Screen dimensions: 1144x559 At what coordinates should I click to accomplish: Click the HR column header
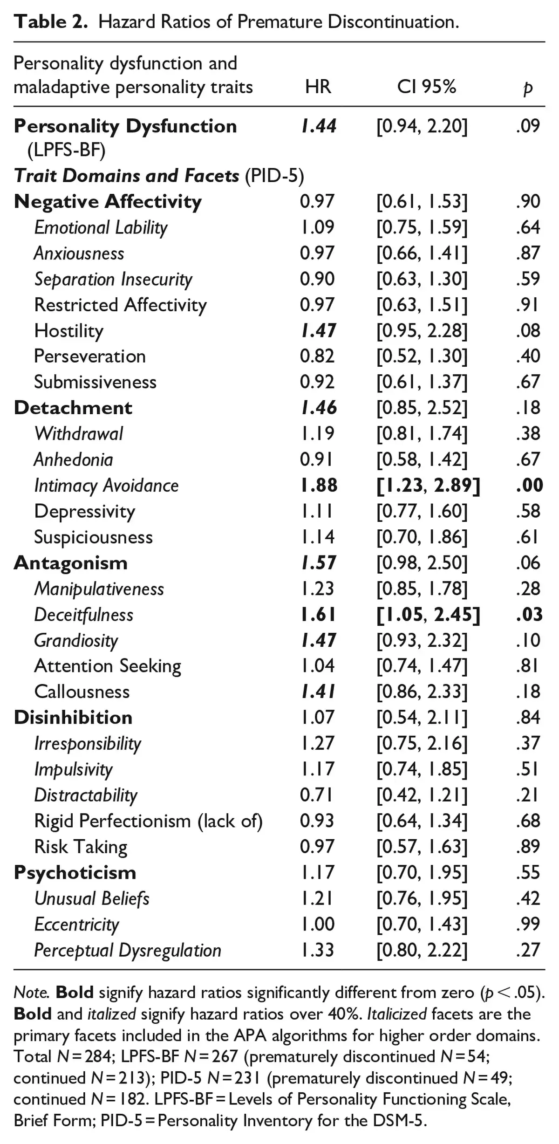point(318,87)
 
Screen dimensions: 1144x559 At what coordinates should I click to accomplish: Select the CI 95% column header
point(426,87)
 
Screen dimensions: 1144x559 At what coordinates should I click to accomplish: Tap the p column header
point(528,88)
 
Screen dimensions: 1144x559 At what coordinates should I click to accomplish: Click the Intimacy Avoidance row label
point(106,486)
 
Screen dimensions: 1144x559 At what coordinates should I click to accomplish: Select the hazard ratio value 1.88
point(319,486)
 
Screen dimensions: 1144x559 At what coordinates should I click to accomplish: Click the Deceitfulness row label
point(84,615)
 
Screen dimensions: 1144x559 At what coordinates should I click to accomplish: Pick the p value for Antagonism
point(528,563)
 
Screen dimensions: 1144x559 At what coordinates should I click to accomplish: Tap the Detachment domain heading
point(73,408)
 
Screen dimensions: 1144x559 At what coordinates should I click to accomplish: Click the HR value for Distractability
point(317,795)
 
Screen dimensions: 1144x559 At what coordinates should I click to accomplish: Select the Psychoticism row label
point(75,872)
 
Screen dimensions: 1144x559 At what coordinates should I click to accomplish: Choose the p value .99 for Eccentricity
point(528,924)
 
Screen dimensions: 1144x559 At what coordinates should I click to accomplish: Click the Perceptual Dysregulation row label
point(128,950)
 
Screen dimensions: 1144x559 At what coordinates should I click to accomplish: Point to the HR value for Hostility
point(319,330)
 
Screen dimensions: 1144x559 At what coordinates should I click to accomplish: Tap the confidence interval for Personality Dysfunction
point(422,126)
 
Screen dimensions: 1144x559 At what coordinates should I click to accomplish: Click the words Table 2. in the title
point(51,22)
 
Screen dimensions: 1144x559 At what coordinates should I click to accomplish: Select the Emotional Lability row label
point(101,227)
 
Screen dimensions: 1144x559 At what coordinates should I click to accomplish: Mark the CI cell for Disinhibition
point(422,718)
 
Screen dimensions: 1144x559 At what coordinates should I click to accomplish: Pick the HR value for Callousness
point(319,692)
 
